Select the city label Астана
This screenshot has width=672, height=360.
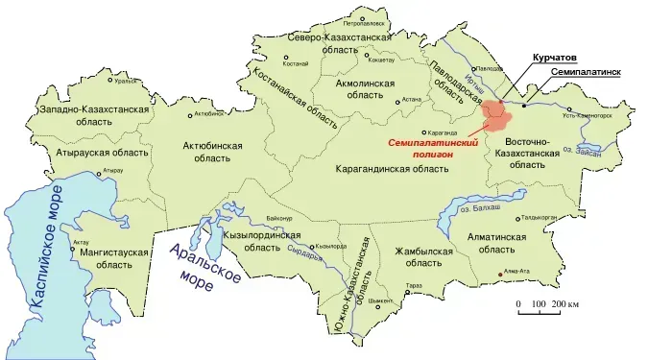(x=412, y=98)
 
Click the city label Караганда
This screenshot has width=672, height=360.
(x=443, y=132)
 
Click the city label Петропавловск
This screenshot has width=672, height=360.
(x=365, y=21)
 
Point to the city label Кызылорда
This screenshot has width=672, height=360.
(x=329, y=246)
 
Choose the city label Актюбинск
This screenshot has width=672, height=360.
(x=208, y=114)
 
